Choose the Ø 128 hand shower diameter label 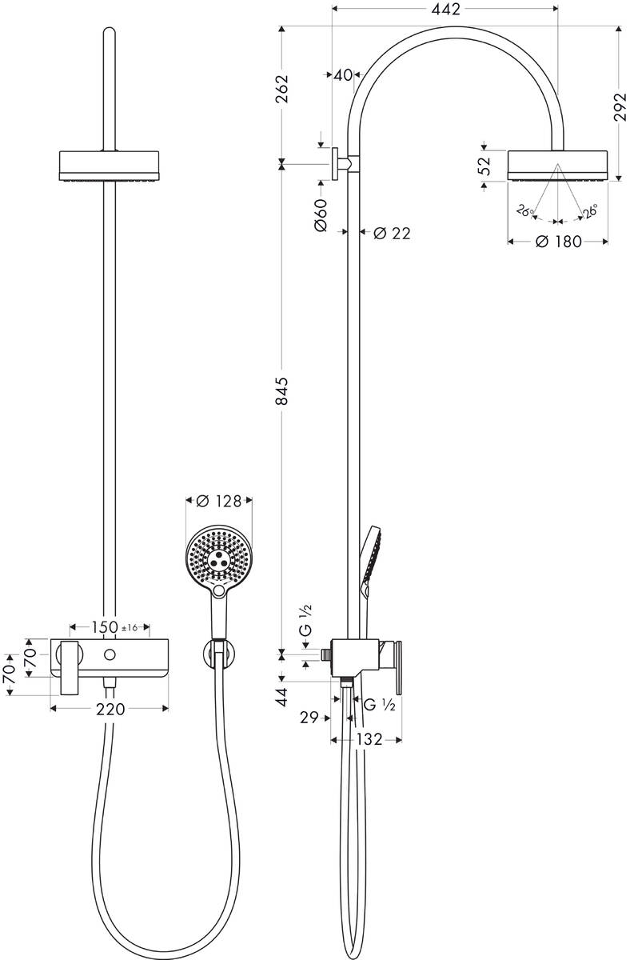pos(218,502)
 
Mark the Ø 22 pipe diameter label pos(391,233)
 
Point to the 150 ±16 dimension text pos(113,627)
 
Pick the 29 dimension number pos(310,718)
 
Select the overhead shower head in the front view pos(110,165)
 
